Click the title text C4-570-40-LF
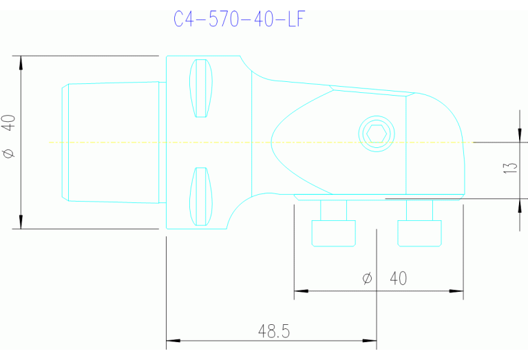click(237, 19)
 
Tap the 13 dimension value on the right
click(510, 167)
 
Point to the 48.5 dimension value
click(273, 331)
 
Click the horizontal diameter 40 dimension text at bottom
click(398, 278)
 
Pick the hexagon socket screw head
click(377, 133)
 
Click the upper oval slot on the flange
click(201, 88)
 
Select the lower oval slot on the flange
click(201, 196)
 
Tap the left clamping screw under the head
click(334, 224)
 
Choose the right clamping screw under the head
click(420, 224)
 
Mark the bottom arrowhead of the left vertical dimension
click(21, 222)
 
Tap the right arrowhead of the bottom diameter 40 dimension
click(458, 291)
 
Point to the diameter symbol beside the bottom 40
click(367, 278)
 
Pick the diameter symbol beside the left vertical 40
click(8, 153)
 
